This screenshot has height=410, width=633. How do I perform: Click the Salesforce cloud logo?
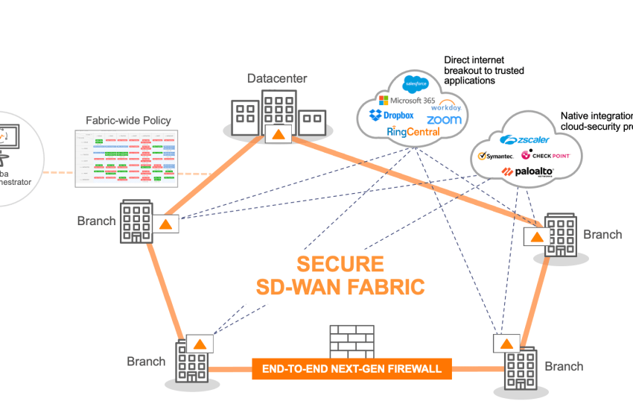click(414, 83)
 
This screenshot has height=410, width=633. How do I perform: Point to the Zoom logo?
click(444, 120)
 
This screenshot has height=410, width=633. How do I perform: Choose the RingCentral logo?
click(413, 132)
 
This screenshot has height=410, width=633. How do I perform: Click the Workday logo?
click(451, 105)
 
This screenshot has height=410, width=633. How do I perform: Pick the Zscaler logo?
click(524, 139)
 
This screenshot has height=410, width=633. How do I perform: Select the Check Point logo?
click(547, 155)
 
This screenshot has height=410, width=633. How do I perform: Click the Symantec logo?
click(495, 156)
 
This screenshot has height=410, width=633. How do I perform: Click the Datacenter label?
click(277, 78)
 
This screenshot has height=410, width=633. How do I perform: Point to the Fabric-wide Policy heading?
click(128, 120)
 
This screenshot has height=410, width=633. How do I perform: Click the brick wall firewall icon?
click(352, 342)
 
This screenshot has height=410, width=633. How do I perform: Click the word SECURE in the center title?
click(340, 265)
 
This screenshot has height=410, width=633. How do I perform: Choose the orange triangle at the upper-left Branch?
click(166, 224)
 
